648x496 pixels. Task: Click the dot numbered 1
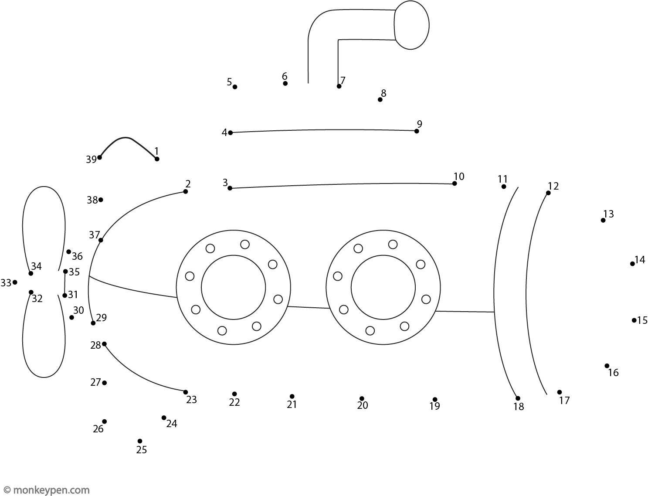[157, 159]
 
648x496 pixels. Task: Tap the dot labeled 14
[632, 264]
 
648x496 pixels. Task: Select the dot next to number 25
[140, 441]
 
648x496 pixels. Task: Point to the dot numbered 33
[15, 282]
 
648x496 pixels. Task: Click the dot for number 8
[380, 100]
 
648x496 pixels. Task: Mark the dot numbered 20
[362, 399]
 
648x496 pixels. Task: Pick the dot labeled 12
[548, 193]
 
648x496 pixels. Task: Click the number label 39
[91, 160]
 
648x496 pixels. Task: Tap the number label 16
[613, 373]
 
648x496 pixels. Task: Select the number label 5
[229, 82]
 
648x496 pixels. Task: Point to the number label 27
[95, 383]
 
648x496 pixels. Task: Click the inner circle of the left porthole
[233, 287]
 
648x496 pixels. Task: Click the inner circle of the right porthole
[383, 287]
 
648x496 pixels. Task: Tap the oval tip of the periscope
[411, 25]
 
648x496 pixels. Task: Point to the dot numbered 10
[455, 183]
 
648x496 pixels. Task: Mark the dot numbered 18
[518, 398]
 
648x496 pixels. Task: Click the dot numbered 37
[101, 240]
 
